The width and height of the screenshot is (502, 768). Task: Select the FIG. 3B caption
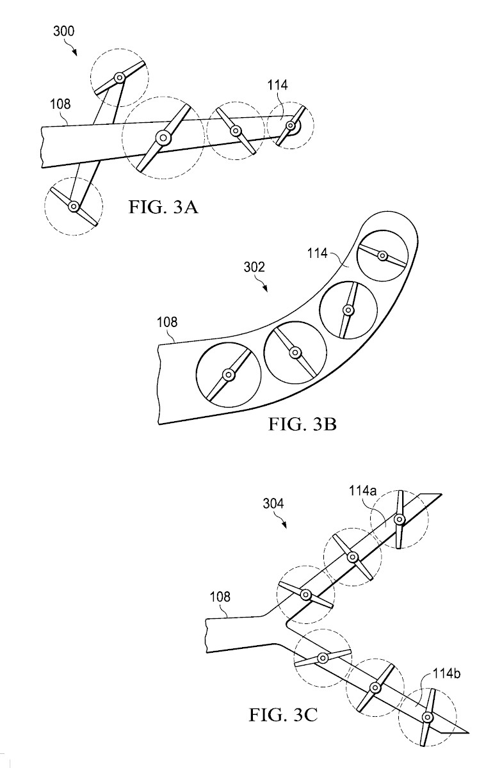coord(302,424)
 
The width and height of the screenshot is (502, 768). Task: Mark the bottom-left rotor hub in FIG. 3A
coord(73,206)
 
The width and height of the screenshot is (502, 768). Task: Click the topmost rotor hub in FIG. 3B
coord(382,256)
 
